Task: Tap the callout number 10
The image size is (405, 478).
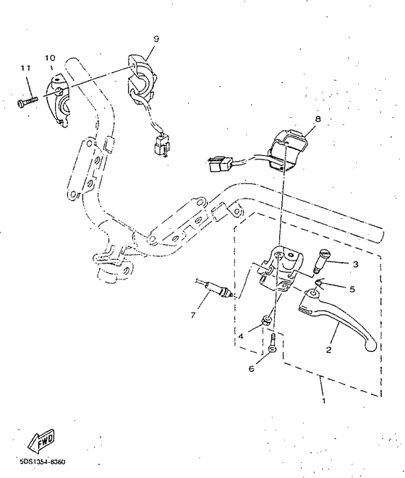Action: [50, 57]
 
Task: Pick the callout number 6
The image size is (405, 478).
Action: [252, 368]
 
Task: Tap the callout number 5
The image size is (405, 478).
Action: [352, 289]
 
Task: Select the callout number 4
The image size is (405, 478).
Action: [241, 336]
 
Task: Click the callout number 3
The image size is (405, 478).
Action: [355, 264]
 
